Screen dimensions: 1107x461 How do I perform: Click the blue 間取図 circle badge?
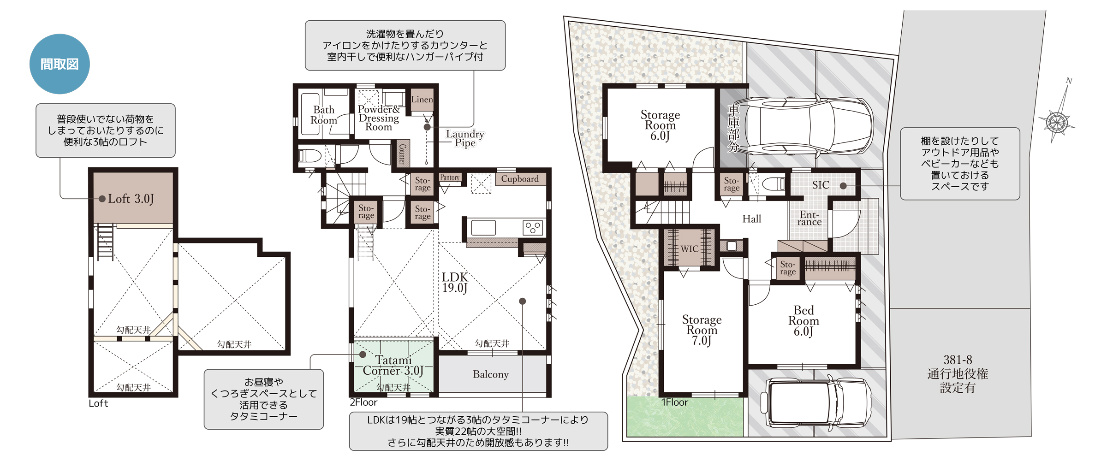(x=60, y=64)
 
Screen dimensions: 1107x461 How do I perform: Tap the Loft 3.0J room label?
(x=131, y=199)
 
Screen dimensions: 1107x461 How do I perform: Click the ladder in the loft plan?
(x=105, y=242)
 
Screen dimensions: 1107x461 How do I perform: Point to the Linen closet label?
(x=422, y=100)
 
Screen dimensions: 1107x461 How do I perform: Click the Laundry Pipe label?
(x=465, y=138)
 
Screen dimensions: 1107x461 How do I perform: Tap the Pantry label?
(x=450, y=177)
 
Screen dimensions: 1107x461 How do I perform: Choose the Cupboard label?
(x=520, y=179)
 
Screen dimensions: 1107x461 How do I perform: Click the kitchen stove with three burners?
(x=533, y=228)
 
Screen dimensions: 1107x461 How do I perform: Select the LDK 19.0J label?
(x=455, y=283)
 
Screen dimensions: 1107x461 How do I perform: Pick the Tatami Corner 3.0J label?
(x=393, y=366)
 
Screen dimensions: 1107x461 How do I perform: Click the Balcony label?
(x=491, y=374)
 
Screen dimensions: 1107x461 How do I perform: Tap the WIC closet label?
(x=690, y=249)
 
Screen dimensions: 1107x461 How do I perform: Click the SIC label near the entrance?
(x=821, y=185)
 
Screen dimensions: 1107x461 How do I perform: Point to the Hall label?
(x=752, y=219)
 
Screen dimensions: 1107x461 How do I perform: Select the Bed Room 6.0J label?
(x=803, y=321)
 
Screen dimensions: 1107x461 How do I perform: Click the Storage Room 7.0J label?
(x=702, y=330)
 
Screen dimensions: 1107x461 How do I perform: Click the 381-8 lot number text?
(x=958, y=360)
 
